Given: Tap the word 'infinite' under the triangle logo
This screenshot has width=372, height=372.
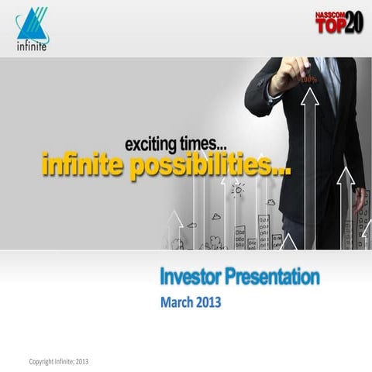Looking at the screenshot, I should [x=31, y=45].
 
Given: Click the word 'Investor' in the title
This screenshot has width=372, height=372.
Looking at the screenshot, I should [x=196, y=277].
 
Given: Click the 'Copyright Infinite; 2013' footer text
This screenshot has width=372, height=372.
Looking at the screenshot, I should [x=59, y=362].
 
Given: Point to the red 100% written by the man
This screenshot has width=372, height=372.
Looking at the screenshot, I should [x=307, y=78].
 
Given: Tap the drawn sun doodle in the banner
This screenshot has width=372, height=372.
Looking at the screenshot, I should [x=237, y=188].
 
